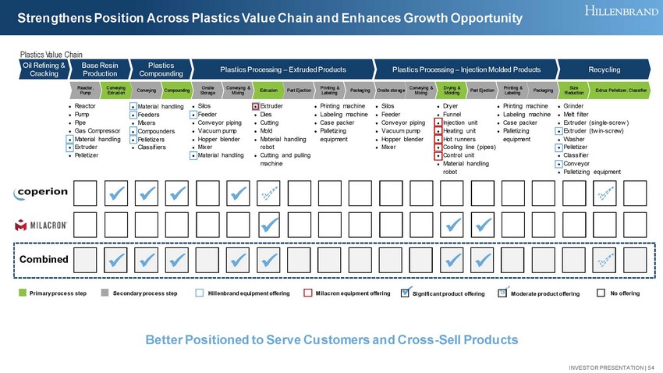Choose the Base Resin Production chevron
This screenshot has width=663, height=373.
coord(101,69)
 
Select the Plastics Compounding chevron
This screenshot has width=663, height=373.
coord(161,69)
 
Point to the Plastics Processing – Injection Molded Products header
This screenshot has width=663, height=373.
coord(466,69)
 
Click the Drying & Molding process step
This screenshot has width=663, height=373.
coord(451,91)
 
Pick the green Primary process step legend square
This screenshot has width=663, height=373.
coord(23,293)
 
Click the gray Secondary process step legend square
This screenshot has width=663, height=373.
coord(105,293)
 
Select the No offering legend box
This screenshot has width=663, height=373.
coord(601,293)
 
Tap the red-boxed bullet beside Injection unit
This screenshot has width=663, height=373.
coord(439,123)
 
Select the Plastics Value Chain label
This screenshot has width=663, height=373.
coord(51,54)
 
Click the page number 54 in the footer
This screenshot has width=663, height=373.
coord(651,367)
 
